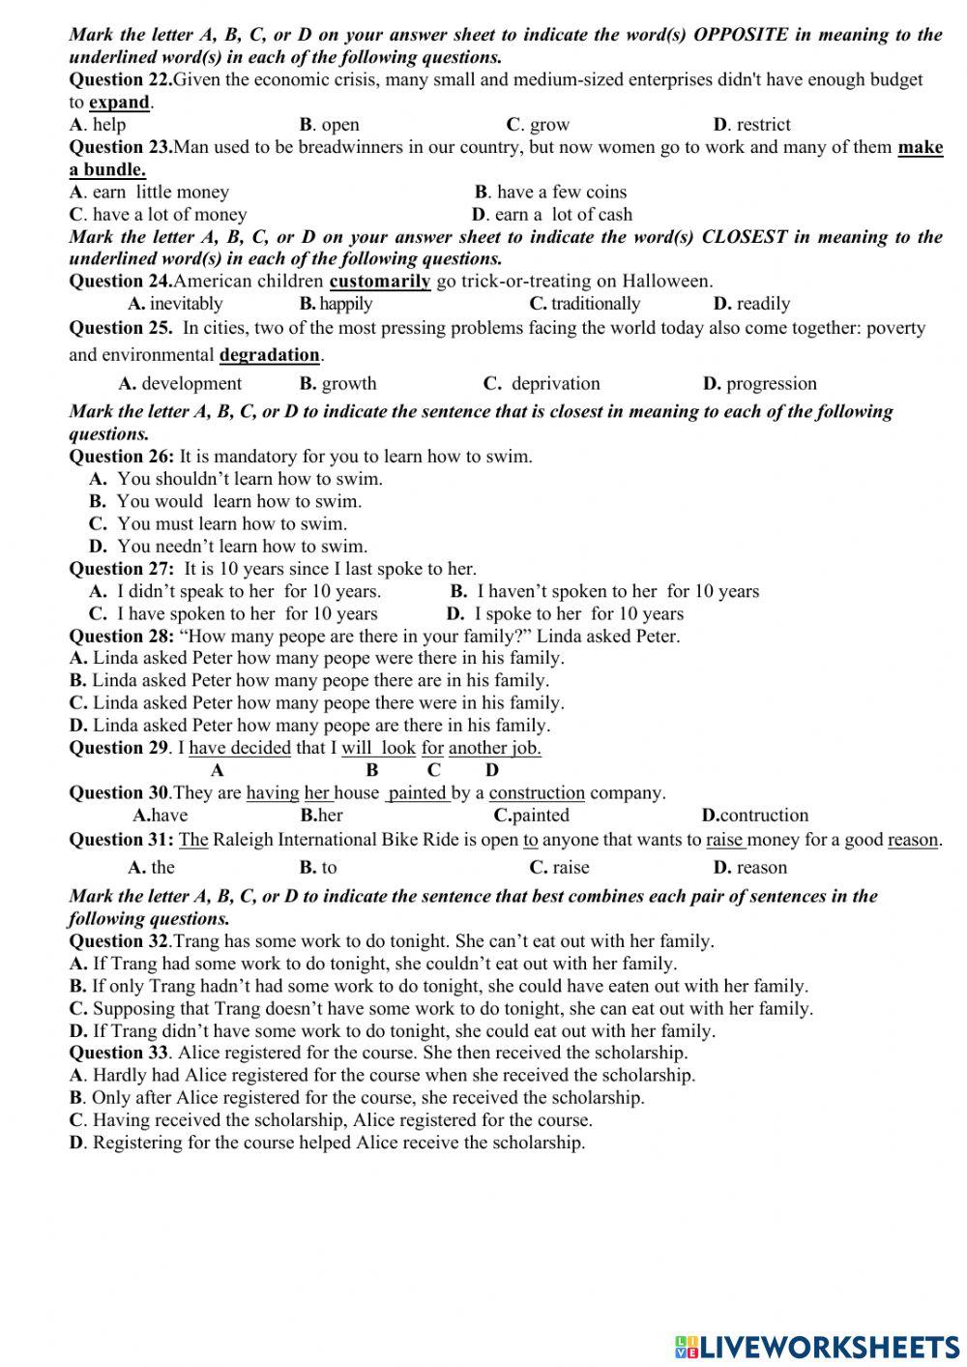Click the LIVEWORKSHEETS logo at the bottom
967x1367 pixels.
coord(817,1346)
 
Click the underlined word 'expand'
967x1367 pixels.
coord(119,103)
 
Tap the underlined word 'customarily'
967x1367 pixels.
coord(379,282)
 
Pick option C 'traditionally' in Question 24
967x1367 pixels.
coord(584,304)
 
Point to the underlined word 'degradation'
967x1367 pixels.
coord(269,355)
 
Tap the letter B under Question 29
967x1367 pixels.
coord(372,771)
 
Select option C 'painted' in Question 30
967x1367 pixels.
coord(531,816)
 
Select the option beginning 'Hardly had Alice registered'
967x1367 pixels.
coord(382,1076)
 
